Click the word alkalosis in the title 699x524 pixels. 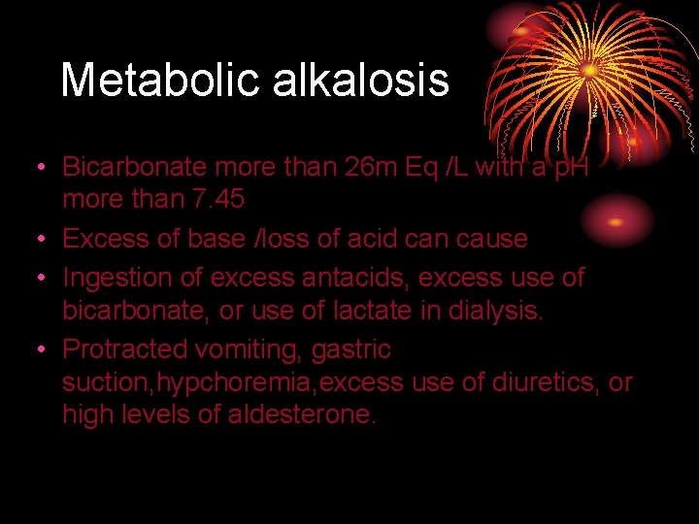pyautogui.click(x=361, y=80)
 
